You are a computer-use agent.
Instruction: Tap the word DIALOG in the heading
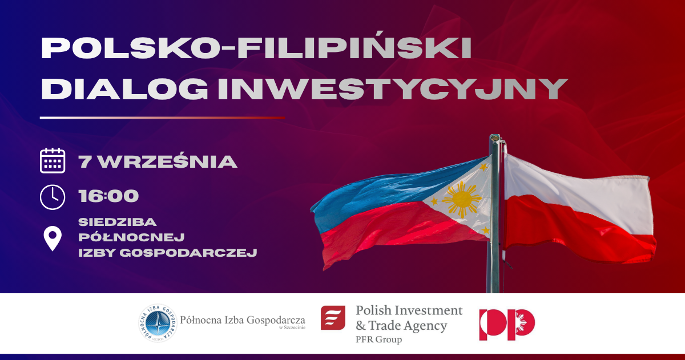point(124,88)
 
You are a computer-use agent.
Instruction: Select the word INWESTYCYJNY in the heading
point(392,88)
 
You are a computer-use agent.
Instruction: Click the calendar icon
point(53,161)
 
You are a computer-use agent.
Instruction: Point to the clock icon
point(53,197)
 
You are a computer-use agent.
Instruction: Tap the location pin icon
point(53,238)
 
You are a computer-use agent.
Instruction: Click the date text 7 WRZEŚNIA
point(158,161)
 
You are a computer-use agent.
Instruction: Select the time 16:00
point(108,196)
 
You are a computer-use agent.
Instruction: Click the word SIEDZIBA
point(118,222)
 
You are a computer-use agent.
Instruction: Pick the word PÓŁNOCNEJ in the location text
point(131,237)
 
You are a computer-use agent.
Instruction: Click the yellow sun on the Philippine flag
point(462,200)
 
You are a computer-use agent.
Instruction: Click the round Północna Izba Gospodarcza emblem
point(158,323)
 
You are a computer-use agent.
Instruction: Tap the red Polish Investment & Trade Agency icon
point(333,318)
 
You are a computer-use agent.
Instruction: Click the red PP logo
point(507,325)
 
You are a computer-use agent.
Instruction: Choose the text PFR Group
point(378,339)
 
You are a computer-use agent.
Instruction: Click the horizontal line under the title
point(162,118)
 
